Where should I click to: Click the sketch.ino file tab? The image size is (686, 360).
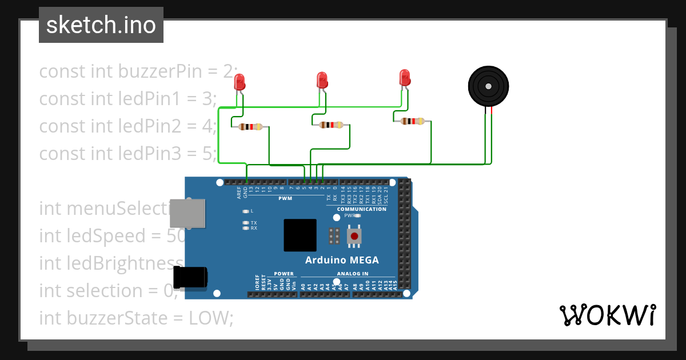click(101, 25)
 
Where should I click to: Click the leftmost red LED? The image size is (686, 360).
click(240, 82)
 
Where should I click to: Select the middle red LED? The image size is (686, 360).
click(322, 79)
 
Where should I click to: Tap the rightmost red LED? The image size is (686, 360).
click(405, 77)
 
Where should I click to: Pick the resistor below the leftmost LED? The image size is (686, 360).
click(250, 127)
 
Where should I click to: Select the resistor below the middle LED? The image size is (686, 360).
click(332, 125)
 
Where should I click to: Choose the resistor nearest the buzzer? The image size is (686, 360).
click(413, 121)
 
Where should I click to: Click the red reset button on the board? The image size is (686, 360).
click(354, 236)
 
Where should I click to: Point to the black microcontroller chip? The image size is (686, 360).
click(300, 235)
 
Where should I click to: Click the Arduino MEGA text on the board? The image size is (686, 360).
click(342, 260)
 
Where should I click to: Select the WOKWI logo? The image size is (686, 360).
click(607, 315)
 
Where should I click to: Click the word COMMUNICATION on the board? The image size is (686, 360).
click(361, 209)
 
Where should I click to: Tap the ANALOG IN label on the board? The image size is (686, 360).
click(353, 274)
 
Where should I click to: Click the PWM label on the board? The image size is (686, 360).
click(285, 198)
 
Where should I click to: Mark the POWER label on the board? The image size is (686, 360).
click(284, 274)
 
